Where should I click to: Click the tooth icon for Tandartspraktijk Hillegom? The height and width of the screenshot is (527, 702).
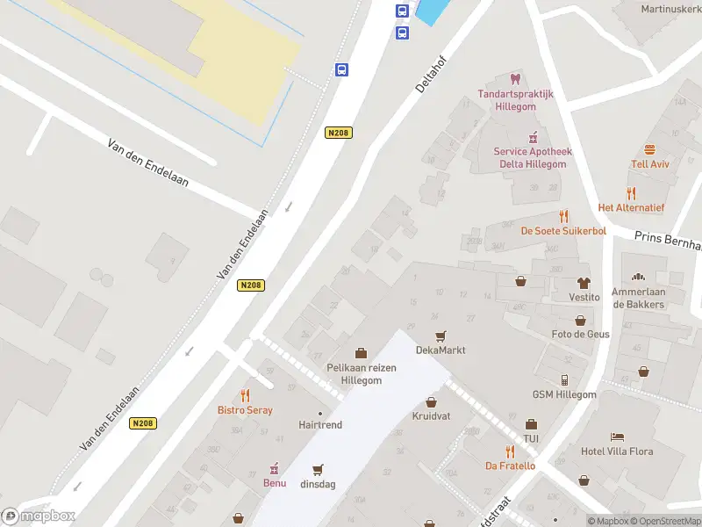515,79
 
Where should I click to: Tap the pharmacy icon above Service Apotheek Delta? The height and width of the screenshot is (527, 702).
531,137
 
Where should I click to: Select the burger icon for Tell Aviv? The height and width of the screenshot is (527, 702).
650,149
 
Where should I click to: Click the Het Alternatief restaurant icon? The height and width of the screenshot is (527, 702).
631,193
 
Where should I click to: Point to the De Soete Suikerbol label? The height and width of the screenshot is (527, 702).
563,231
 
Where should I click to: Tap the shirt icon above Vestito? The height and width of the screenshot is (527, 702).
584,283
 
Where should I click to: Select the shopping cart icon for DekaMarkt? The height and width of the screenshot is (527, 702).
441,336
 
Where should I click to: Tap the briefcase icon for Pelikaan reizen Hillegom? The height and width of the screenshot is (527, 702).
361,353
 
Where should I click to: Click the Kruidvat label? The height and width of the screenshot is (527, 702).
431,415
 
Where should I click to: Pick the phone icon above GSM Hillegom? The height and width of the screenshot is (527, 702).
564,379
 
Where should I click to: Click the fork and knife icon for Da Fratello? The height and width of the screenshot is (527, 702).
510,451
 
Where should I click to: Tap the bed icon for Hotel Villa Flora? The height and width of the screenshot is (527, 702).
618,437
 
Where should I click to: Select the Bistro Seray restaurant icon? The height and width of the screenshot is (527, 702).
245,395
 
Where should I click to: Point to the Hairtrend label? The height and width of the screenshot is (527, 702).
320,424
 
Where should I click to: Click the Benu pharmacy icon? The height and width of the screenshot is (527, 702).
275,468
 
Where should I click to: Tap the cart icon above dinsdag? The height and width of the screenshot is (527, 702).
318,469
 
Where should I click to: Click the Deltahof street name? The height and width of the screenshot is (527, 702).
429,75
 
